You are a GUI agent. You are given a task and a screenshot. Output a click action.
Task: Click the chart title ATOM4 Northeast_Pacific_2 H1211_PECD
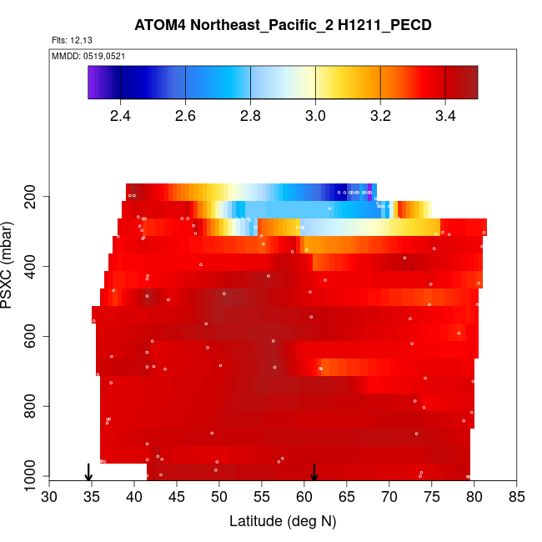click(283, 26)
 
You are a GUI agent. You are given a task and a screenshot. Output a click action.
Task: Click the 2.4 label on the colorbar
click(121, 115)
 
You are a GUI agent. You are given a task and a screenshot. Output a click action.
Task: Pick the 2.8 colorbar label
click(251, 115)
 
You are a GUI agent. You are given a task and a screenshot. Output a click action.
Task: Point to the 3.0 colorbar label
click(315, 115)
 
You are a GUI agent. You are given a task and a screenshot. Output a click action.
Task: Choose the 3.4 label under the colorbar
click(445, 115)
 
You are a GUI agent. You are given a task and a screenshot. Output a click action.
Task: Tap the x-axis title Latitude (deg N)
click(283, 521)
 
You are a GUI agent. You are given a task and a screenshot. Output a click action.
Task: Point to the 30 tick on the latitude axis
click(49, 498)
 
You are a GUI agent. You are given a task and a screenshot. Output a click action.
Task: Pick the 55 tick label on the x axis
click(262, 498)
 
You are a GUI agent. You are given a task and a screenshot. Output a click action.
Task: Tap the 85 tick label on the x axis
click(517, 498)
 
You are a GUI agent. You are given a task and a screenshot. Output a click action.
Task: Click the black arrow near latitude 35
click(88, 472)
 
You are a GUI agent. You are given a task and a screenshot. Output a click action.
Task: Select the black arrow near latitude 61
click(314, 472)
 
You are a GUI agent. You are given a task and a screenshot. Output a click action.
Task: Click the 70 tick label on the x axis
click(389, 498)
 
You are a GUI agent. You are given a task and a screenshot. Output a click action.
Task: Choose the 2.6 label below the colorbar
click(185, 115)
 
